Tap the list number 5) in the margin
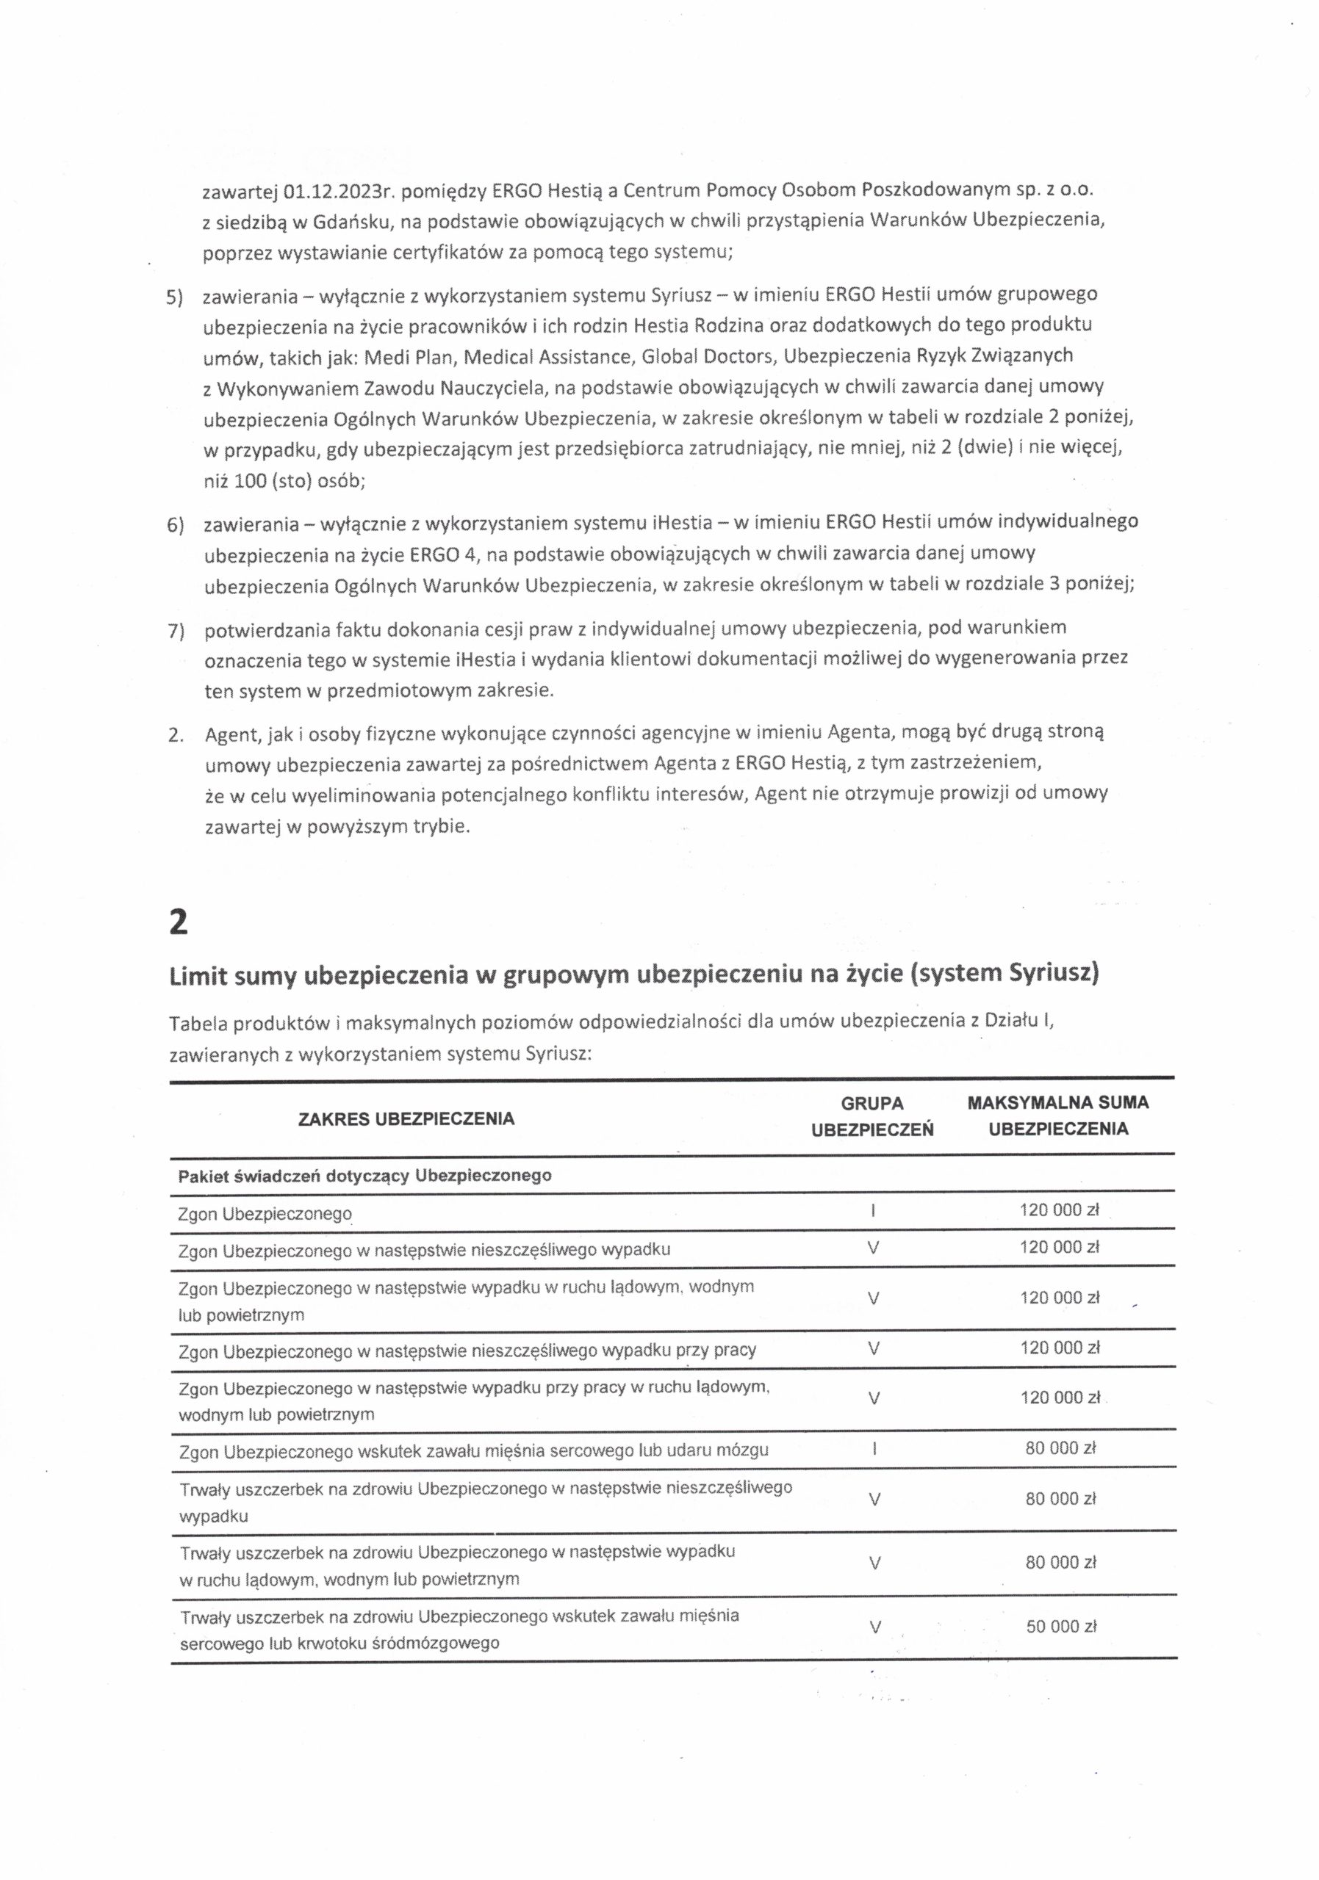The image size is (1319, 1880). pos(174,297)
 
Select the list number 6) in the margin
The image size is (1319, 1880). pos(174,525)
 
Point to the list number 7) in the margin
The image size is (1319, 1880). pos(174,632)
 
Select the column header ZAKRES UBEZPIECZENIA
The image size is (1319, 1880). pos(406,1118)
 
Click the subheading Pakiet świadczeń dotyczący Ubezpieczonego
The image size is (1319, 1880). pos(364,1176)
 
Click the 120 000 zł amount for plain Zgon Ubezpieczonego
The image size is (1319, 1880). pos(1058,1211)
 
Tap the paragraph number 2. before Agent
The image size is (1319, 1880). pos(174,734)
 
